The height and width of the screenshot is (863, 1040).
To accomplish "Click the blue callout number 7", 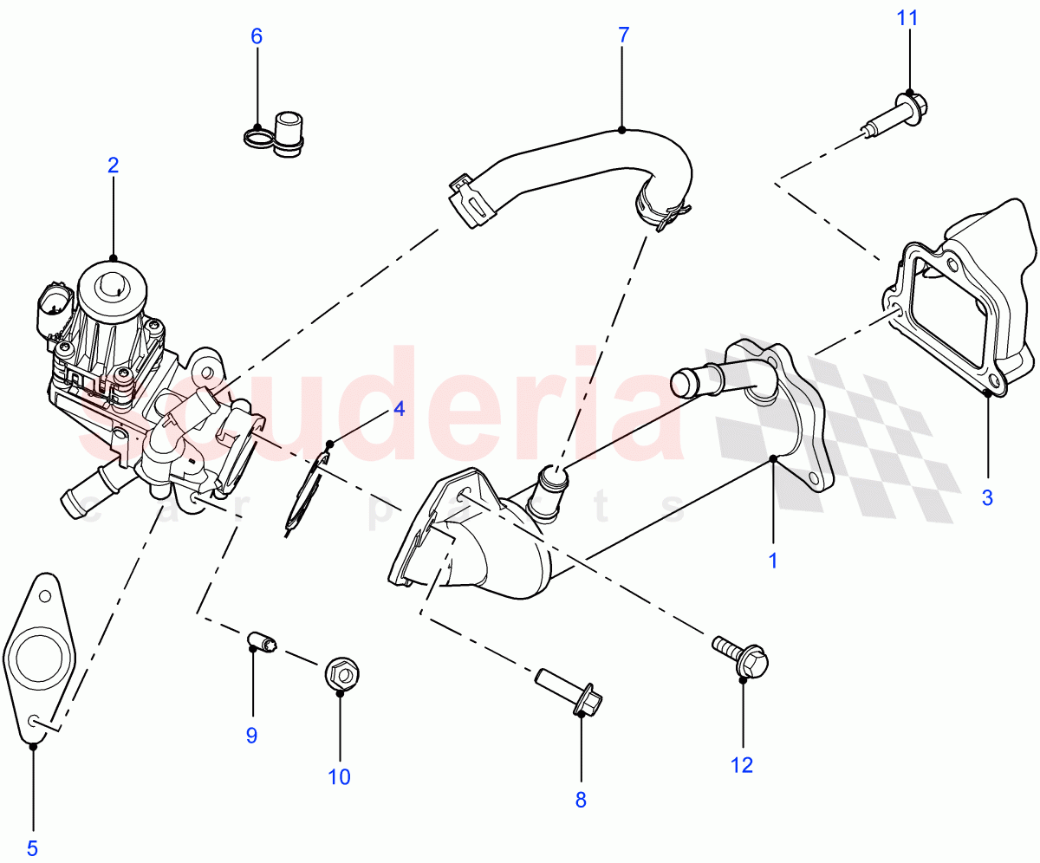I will click(x=623, y=36).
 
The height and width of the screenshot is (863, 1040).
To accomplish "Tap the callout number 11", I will click(x=909, y=18).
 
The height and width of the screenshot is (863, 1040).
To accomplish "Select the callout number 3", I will click(x=986, y=497).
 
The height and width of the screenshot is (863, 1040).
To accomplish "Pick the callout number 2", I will click(x=113, y=165).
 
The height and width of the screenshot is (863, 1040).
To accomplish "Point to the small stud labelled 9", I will click(x=261, y=643).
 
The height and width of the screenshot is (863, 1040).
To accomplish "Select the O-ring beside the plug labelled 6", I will click(x=257, y=137).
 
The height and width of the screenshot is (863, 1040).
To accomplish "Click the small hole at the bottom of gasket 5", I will click(x=36, y=721).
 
